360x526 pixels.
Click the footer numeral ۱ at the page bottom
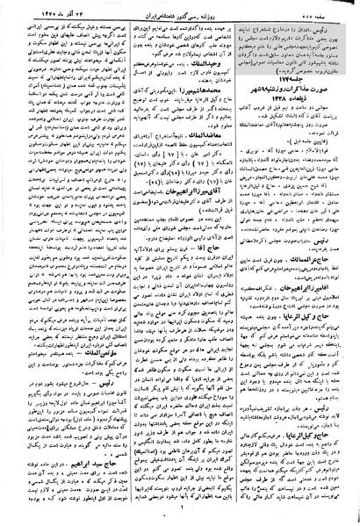181,518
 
